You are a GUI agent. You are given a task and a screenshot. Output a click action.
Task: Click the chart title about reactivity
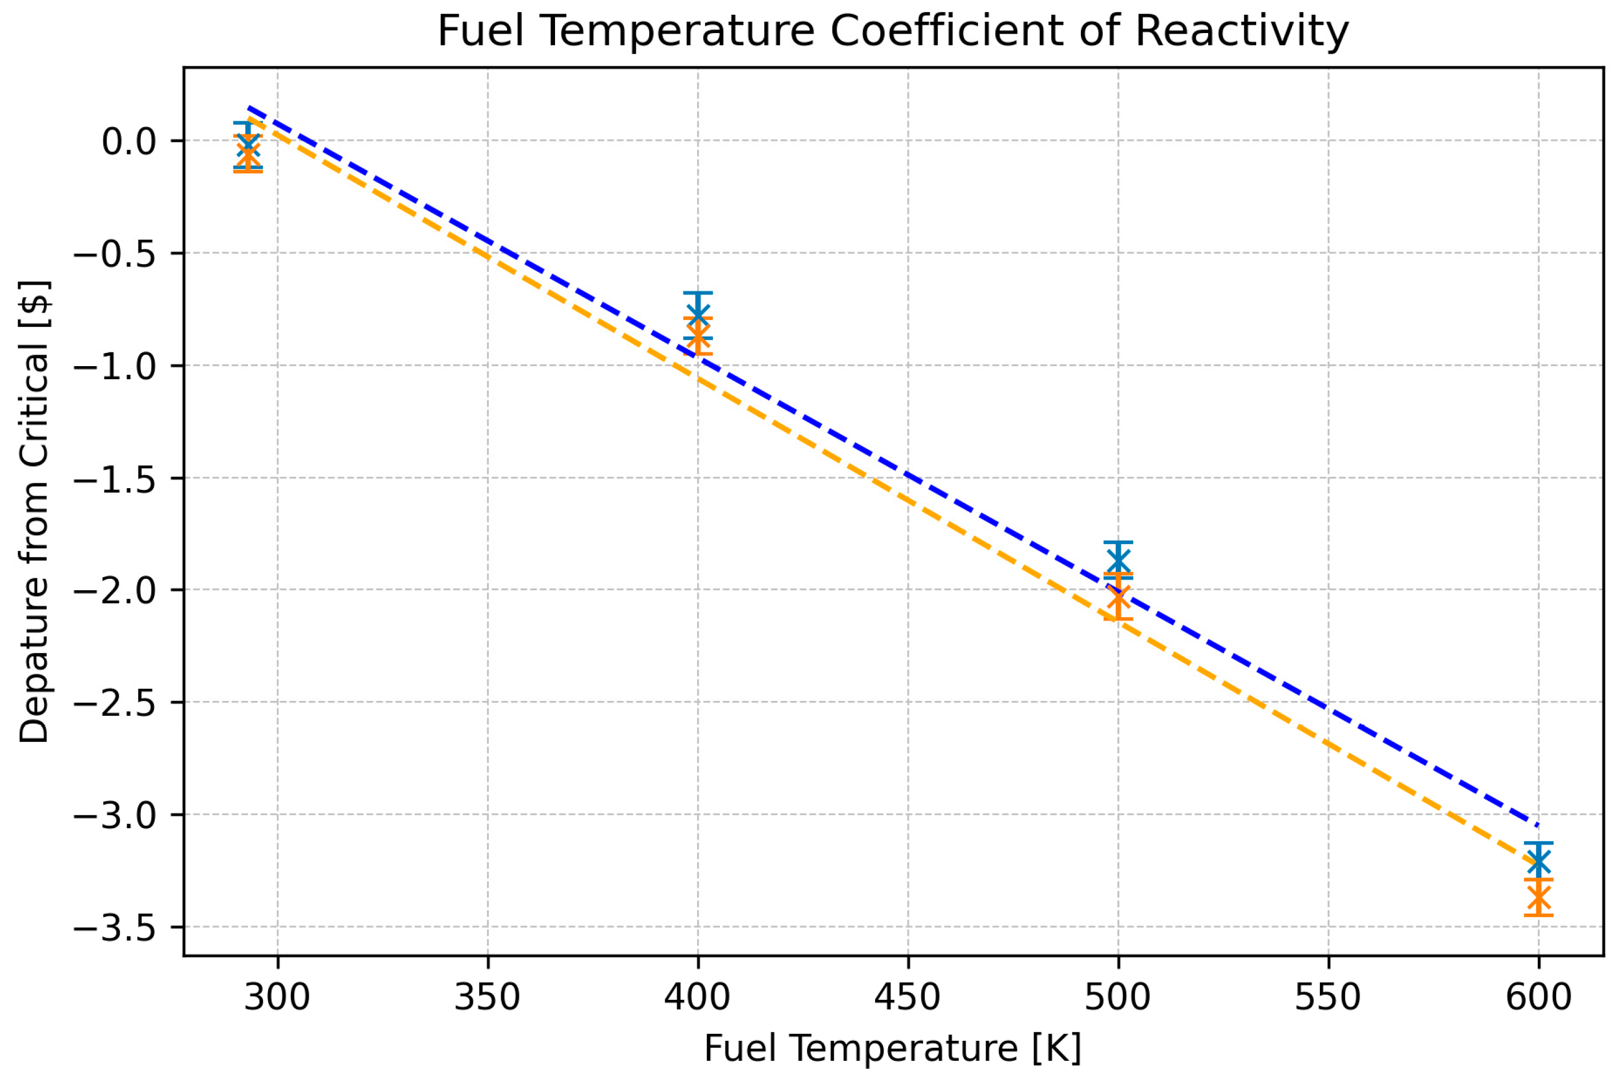[x=893, y=32]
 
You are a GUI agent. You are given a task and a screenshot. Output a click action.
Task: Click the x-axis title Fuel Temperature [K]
[x=893, y=1048]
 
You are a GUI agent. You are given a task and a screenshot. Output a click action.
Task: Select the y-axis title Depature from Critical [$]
[x=35, y=512]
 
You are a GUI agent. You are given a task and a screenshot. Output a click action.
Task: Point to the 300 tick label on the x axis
[x=277, y=997]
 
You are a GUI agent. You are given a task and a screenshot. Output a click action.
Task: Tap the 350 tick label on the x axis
[x=487, y=997]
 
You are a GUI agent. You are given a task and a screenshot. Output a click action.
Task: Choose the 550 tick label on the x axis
[x=1328, y=997]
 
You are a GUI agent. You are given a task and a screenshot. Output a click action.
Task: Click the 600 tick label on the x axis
[x=1538, y=997]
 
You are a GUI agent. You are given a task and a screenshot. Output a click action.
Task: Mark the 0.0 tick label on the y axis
[x=130, y=141]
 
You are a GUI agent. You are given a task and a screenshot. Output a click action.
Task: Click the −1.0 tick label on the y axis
[x=116, y=366]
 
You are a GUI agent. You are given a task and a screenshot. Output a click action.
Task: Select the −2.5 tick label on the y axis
[x=116, y=703]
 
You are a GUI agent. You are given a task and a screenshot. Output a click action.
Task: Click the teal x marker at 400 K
[x=698, y=315]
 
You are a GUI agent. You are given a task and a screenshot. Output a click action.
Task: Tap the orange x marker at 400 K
[x=698, y=336]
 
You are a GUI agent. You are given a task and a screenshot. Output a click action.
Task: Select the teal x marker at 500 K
[x=1118, y=559]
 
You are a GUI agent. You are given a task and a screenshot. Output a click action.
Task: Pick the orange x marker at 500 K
[x=1118, y=597]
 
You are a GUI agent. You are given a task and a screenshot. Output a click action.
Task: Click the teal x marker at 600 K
[x=1538, y=861]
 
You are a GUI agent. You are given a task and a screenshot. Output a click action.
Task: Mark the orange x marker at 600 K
[x=1538, y=898]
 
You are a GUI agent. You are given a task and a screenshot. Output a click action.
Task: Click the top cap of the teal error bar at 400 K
[x=698, y=294]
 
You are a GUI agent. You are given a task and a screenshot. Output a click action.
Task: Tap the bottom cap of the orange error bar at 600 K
[x=1538, y=916]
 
